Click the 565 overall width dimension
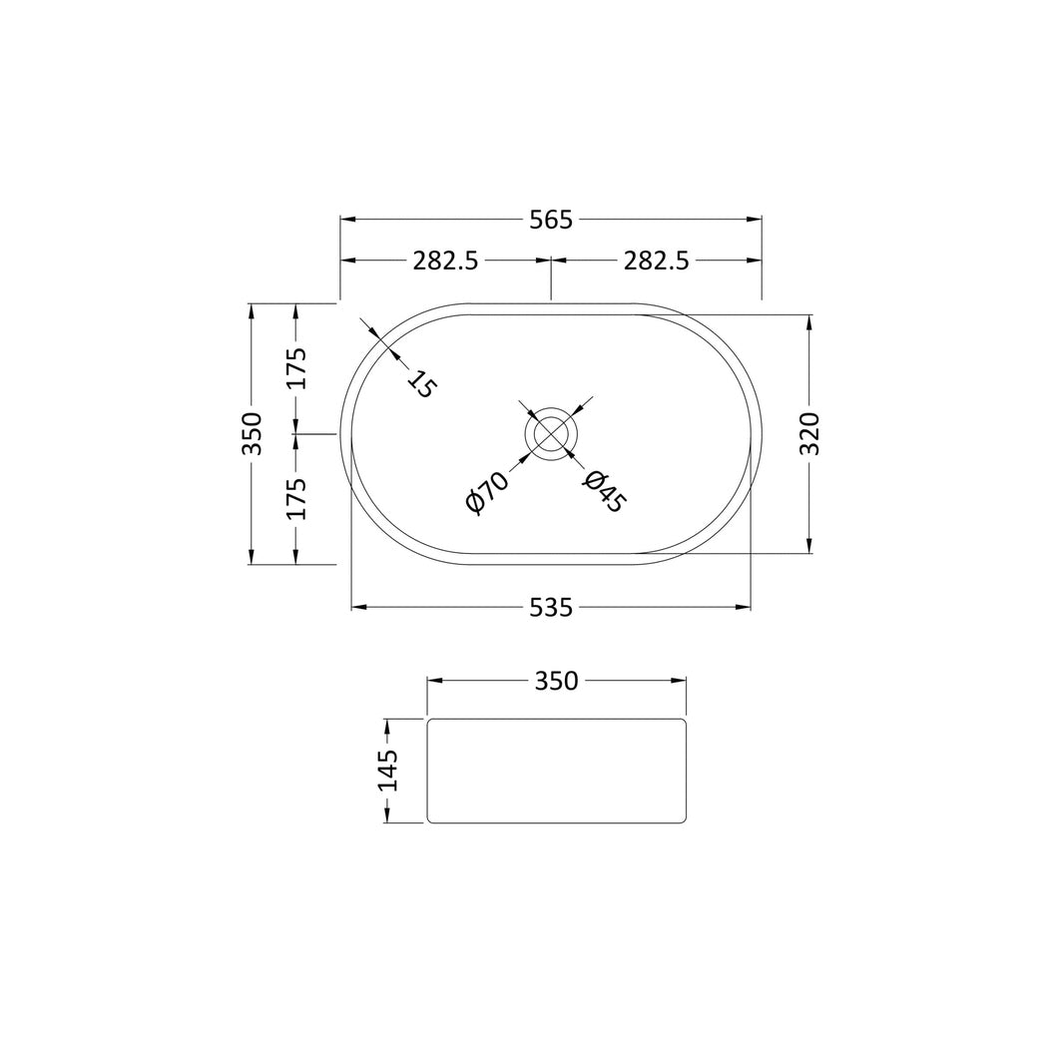550,220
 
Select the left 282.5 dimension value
445,261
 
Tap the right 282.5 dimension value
656,261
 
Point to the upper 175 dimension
296,367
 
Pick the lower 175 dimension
296,498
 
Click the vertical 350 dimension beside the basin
252,434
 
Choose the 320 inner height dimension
809,434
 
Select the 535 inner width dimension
550,608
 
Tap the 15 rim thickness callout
422,384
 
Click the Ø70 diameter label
486,493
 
